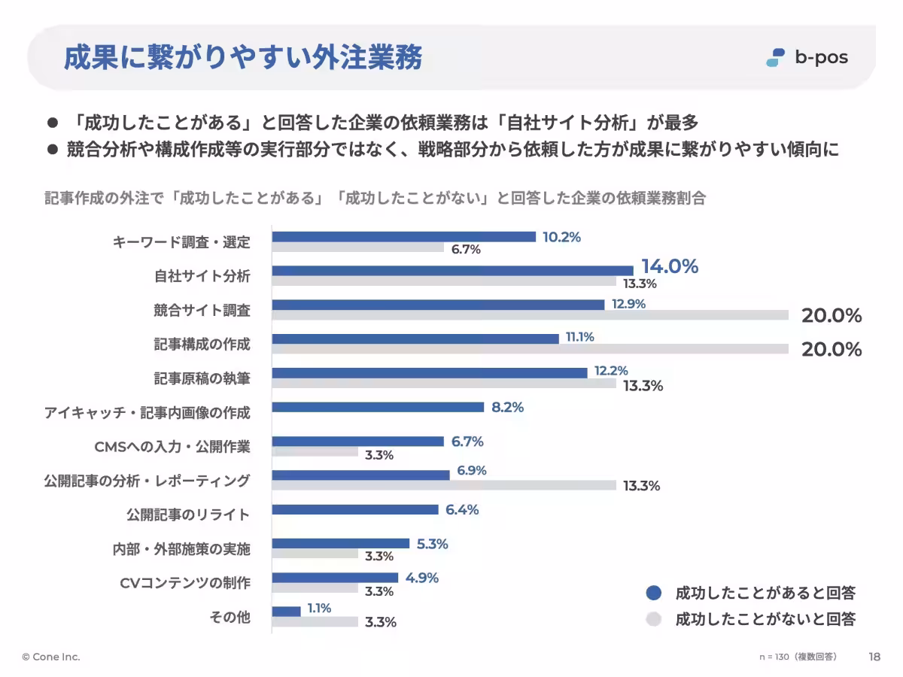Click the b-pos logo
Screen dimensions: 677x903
coord(806,57)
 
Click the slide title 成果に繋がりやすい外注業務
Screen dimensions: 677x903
coord(242,58)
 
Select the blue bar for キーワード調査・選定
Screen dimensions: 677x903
coord(403,237)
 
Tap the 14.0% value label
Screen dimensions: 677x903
coord(669,266)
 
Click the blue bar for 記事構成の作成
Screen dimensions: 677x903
coord(415,338)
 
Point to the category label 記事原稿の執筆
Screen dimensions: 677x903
coord(202,378)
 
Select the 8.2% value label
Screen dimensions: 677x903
coord(507,407)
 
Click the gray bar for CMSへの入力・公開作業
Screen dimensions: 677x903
coord(315,452)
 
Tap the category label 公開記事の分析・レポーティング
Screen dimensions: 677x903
coord(147,481)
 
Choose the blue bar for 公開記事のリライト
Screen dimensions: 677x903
coord(354,509)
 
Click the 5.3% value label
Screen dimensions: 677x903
coord(432,544)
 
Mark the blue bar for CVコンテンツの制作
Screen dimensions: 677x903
coord(335,578)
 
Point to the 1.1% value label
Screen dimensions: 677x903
coord(319,608)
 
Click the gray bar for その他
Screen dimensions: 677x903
coord(315,621)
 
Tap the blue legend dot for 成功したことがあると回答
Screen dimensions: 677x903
coord(654,593)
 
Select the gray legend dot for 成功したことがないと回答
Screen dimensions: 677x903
coord(654,619)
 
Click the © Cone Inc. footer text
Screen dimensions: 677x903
coord(51,657)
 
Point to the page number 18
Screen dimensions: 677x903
coord(874,657)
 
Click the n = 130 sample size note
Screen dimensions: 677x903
coord(798,657)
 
